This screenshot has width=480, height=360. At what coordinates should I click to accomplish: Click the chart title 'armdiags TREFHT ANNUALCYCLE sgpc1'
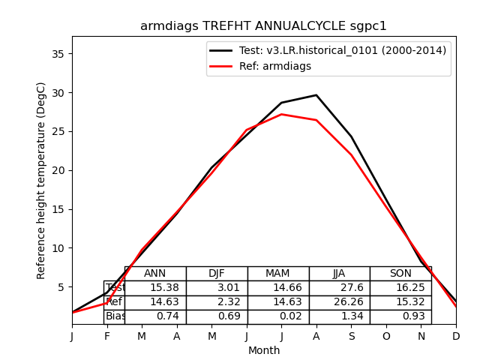[263, 26]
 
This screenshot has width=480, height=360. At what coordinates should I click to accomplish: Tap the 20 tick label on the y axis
[61, 170]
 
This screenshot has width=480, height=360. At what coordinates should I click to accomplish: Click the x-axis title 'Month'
[264, 350]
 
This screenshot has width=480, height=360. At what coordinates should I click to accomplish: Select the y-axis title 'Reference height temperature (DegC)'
[42, 180]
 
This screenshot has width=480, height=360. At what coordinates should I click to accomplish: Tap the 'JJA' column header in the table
[339, 274]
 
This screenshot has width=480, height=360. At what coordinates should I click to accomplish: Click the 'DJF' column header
[217, 274]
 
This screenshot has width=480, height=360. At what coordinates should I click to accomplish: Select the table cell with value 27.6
[339, 288]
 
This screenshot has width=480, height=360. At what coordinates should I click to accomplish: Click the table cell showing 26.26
[339, 302]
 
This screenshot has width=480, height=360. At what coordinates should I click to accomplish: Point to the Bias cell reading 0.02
[278, 316]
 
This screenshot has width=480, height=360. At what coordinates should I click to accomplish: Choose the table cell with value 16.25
[400, 288]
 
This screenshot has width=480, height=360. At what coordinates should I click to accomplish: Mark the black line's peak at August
[316, 95]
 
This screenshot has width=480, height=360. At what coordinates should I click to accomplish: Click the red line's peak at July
[281, 114]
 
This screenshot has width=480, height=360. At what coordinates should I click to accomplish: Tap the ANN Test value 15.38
[155, 288]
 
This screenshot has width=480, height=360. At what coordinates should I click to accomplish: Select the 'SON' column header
[400, 274]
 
